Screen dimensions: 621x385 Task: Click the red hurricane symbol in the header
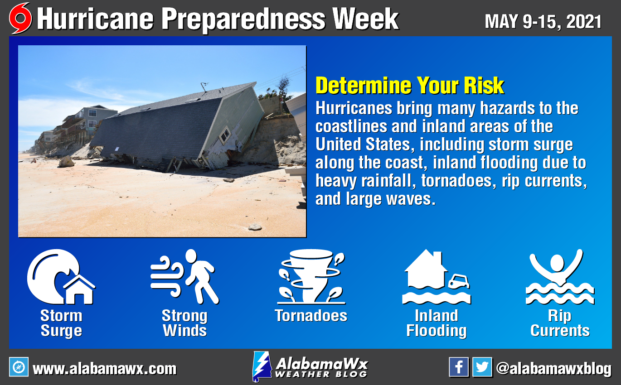pos(20,18)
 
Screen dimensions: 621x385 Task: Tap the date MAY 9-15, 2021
pos(543,22)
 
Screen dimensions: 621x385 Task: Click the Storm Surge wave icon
pos(61,277)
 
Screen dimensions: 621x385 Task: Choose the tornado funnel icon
pos(311,277)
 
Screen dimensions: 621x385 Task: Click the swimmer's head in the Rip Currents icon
pos(557,263)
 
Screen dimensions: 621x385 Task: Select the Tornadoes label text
pos(311,316)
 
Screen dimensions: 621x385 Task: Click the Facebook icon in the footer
pos(459,367)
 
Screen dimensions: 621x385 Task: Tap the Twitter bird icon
pos(482,367)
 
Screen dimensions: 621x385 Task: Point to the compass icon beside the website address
pos(19,367)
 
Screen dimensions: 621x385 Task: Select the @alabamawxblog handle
pos(553,369)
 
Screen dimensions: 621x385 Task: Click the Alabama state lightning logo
pos(262,366)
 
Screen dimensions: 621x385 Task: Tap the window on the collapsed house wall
pos(224,135)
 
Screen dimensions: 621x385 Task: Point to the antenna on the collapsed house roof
pos(204,86)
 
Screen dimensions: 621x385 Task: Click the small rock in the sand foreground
pos(255,227)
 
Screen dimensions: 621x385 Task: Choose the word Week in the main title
pos(365,19)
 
